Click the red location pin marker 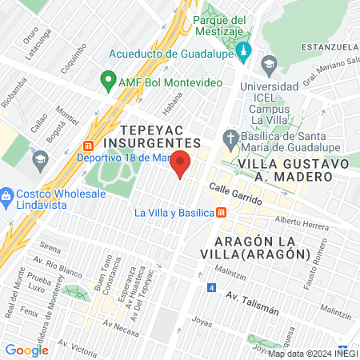click(x=180, y=163)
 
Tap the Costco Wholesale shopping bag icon click(x=6, y=195)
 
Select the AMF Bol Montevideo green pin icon click(x=106, y=80)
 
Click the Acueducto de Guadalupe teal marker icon click(x=245, y=54)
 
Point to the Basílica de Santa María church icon click(x=231, y=137)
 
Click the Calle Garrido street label click(x=236, y=194)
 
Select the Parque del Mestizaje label click(x=222, y=26)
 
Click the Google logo click(x=26, y=350)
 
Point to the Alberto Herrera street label click(x=301, y=224)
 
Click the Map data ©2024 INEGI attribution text click(x=312, y=353)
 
